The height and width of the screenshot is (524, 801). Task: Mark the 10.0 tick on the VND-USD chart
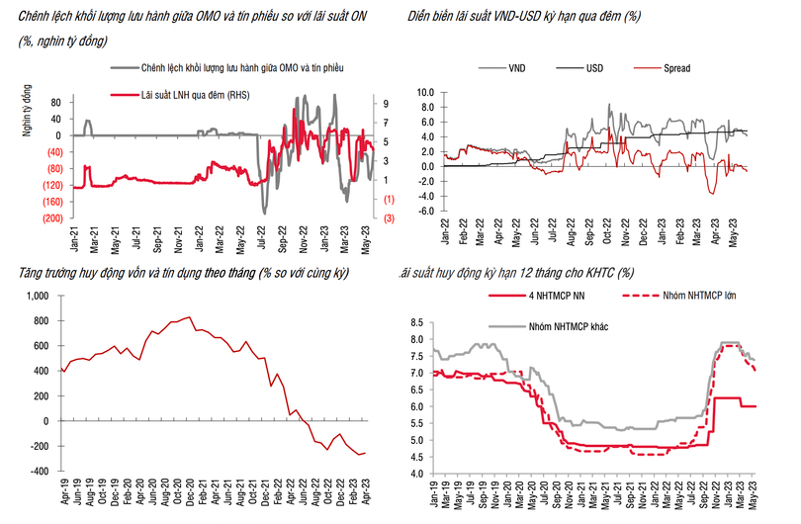426,92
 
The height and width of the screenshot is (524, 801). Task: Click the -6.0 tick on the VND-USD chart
426,211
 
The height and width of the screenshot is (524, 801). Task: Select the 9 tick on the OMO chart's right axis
386,102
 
